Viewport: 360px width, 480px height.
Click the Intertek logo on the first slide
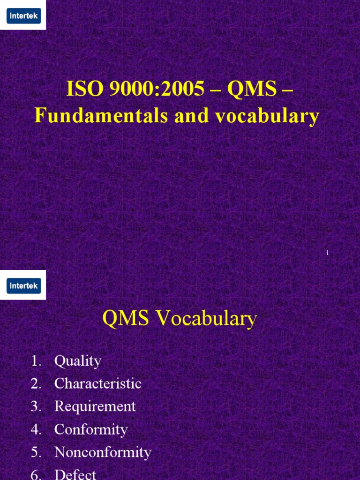23,16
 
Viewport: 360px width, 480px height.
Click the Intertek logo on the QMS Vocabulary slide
23,285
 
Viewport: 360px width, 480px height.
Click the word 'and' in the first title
191,116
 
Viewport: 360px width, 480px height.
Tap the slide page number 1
327,253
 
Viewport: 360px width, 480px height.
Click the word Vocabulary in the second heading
206,319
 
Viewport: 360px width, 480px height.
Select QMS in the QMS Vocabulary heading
126,319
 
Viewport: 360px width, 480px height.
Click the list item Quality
78,361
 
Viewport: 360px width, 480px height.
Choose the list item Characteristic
97,383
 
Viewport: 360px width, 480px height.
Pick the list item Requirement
95,406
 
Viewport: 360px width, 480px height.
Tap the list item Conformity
91,429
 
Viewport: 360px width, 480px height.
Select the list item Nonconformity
103,452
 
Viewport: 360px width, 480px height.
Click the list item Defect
75,474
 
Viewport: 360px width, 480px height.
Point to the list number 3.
37,406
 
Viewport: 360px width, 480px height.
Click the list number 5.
37,452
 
